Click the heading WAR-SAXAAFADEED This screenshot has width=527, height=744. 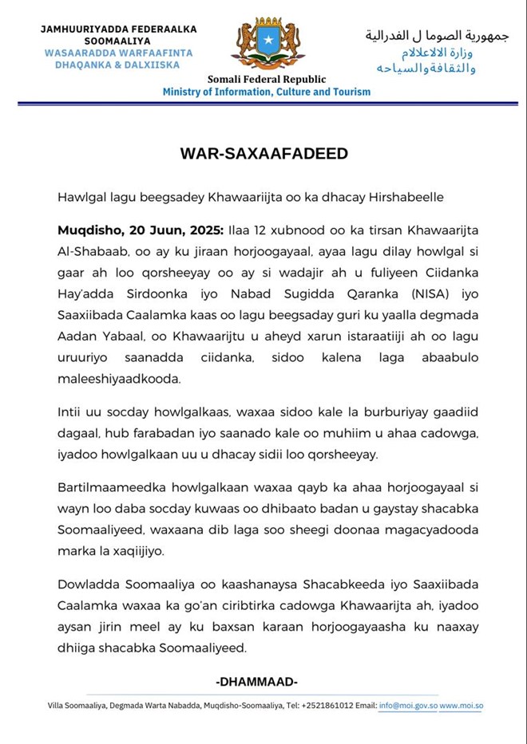pyautogui.click(x=263, y=153)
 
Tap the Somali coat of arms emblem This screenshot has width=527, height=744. pyautogui.click(x=267, y=43)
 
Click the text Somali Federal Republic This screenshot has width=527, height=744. pyautogui.click(x=267, y=79)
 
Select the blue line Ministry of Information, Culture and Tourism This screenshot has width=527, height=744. pyautogui.click(x=267, y=92)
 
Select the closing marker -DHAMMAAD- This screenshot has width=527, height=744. pyautogui.click(x=256, y=682)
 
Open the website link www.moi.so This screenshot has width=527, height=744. pyautogui.click(x=462, y=706)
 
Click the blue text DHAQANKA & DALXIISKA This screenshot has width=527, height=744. pyautogui.click(x=117, y=65)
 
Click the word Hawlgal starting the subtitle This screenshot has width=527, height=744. pyautogui.click(x=80, y=196)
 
